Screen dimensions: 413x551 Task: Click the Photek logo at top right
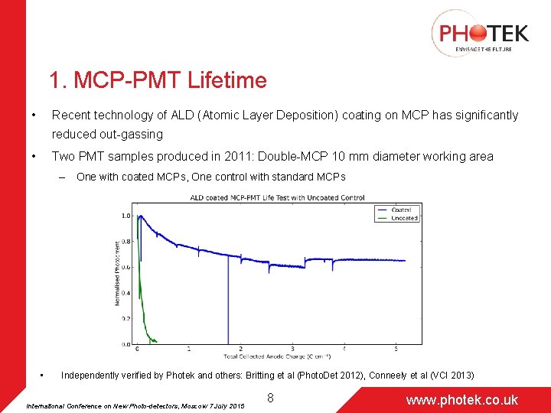(480, 33)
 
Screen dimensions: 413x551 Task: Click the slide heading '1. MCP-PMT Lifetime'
(158, 80)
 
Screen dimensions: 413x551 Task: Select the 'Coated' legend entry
(400, 210)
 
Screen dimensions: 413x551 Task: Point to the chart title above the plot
(276, 198)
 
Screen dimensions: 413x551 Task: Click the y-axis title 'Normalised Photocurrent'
(117, 273)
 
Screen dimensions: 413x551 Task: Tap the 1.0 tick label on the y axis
(126, 216)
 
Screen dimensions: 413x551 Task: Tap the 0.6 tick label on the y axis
(126, 267)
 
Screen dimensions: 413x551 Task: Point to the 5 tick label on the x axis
(396, 350)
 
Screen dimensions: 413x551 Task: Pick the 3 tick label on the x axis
(292, 350)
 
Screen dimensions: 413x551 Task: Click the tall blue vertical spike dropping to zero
(228, 306)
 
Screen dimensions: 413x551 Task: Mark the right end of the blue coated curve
(405, 261)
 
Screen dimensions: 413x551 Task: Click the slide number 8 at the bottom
(270, 398)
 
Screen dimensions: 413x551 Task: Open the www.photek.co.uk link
(461, 399)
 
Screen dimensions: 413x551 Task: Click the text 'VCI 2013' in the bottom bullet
(452, 376)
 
